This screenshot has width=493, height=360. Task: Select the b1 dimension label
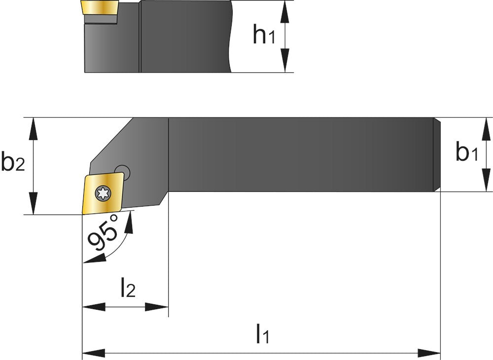click(466, 153)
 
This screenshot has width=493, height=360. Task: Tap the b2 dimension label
click(13, 163)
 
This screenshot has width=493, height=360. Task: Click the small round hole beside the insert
click(125, 172)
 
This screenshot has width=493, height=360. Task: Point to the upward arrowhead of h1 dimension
click(285, 10)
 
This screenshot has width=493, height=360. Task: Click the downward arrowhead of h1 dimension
click(285, 64)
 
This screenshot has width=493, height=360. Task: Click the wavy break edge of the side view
click(230, 37)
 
